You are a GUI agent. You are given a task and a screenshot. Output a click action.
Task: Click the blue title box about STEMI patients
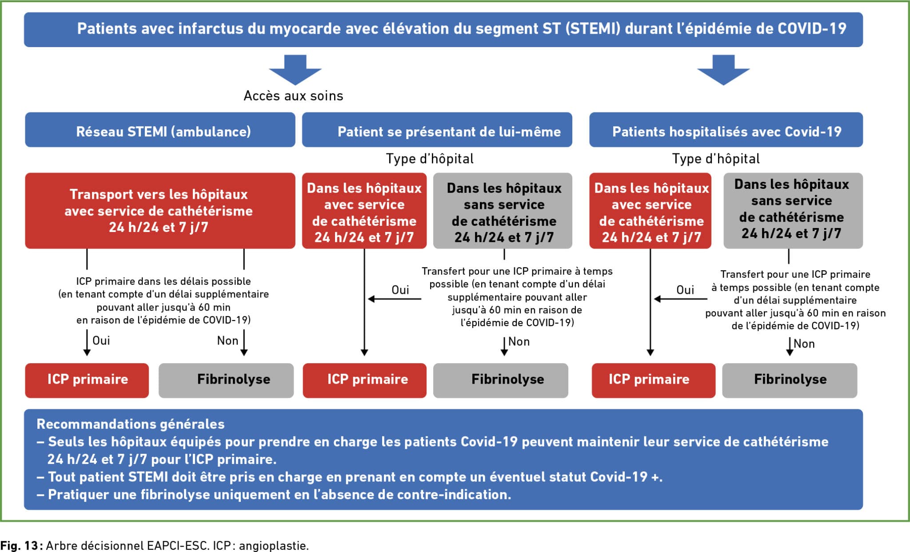(443, 29)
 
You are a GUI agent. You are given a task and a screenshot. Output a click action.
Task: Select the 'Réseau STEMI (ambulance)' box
(160, 130)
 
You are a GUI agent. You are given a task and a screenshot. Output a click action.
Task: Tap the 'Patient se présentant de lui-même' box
(437, 130)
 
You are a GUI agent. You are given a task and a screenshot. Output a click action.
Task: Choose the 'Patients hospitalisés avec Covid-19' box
(726, 130)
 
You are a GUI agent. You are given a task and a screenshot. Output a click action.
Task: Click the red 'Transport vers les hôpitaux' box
(160, 211)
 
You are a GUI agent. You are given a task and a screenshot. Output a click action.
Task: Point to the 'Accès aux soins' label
(293, 96)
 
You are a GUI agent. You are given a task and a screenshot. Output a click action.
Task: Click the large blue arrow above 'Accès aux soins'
(295, 70)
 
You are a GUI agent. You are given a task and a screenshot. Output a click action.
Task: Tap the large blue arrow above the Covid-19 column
(723, 70)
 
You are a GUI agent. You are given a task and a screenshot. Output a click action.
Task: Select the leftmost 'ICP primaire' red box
(87, 380)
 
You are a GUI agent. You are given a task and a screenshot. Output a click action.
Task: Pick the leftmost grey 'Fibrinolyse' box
(226, 380)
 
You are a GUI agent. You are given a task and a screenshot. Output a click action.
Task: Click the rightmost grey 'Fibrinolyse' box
(790, 380)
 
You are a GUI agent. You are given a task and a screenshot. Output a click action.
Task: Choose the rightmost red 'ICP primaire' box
(654, 380)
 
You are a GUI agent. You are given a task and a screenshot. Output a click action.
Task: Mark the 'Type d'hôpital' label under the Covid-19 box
(716, 159)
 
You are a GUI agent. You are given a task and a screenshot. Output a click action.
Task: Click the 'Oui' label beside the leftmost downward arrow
(101, 340)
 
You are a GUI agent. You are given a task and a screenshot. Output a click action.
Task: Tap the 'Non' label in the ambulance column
(227, 340)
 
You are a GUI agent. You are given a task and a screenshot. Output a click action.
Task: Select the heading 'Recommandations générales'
(131, 424)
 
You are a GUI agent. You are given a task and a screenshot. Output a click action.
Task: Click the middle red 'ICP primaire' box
(365, 380)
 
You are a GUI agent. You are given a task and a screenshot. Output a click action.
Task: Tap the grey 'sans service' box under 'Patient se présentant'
(503, 211)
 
